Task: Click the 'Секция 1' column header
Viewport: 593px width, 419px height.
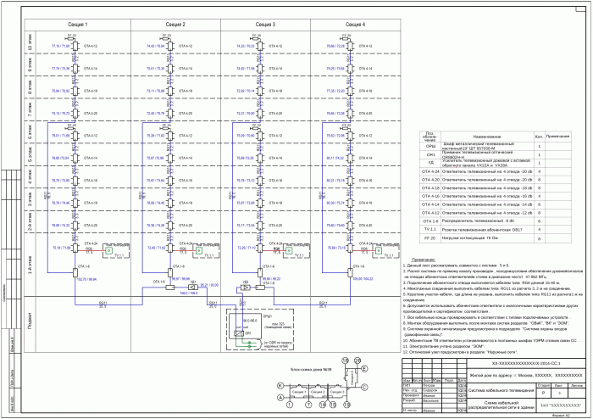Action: [77, 26]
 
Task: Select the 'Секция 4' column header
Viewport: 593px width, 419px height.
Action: [357, 26]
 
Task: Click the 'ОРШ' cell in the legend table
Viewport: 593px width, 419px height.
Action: [430, 147]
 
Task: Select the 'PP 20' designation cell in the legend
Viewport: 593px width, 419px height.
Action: [430, 240]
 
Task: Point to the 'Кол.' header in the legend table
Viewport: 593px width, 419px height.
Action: [537, 136]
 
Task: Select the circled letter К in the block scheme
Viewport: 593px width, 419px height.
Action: [280, 385]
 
